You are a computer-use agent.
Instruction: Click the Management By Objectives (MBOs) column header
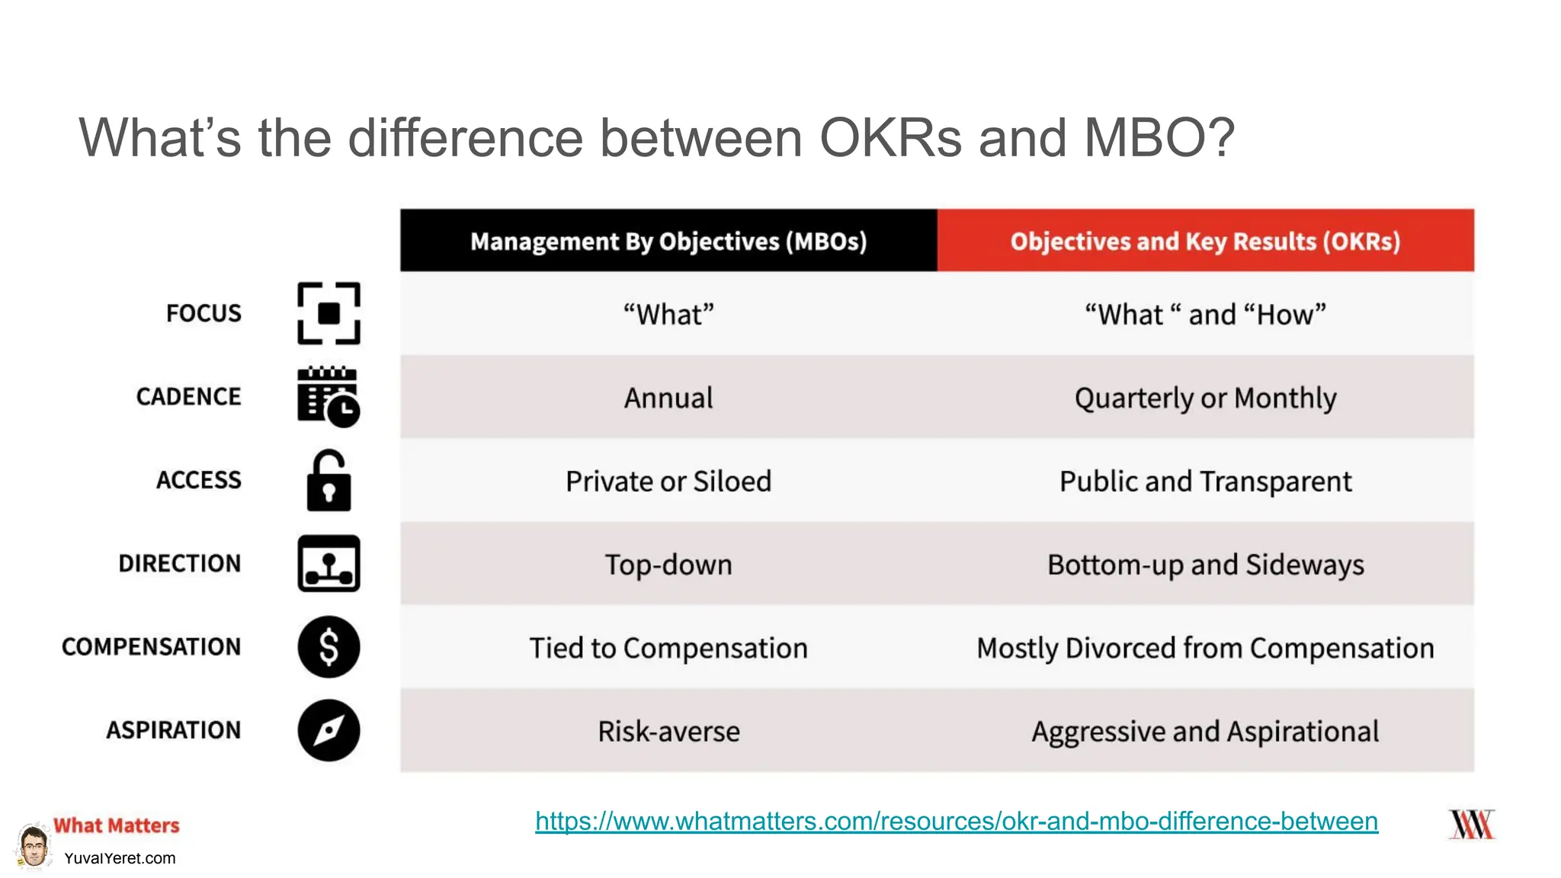[668, 241]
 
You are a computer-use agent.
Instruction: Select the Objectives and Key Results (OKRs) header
[1205, 241]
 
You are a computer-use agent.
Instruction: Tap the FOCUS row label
[204, 313]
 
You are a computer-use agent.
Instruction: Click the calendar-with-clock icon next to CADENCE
[328, 396]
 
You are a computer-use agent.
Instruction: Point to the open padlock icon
[329, 480]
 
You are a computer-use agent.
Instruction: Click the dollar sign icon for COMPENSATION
[329, 647]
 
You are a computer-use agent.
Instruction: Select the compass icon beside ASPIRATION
[329, 730]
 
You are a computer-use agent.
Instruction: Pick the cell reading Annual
[668, 398]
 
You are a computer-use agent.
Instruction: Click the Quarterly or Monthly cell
[1205, 398]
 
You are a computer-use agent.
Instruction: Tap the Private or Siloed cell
[668, 481]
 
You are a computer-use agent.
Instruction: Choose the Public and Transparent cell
[1205, 481]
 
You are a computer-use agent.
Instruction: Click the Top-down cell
[668, 565]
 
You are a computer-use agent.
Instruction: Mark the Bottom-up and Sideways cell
[1205, 565]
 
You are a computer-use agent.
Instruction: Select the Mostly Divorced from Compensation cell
[1205, 648]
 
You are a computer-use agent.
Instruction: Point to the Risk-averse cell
[668, 731]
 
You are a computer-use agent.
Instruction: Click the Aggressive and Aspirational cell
[1205, 731]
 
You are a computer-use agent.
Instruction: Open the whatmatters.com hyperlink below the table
[956, 821]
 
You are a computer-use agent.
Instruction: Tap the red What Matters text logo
[116, 825]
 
